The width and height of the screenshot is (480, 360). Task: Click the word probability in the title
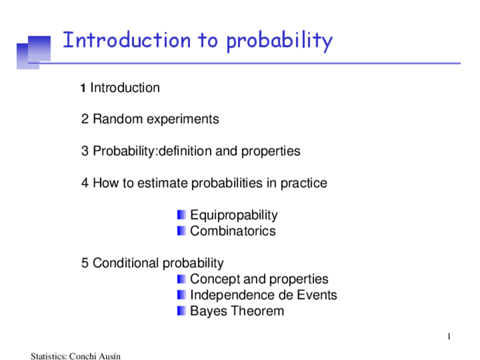click(x=279, y=41)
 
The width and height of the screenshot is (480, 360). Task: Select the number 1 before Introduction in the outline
click(x=83, y=88)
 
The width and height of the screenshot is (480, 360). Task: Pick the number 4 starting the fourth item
click(x=85, y=183)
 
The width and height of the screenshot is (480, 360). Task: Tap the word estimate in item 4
click(x=164, y=183)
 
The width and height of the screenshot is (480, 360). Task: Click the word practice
click(x=303, y=183)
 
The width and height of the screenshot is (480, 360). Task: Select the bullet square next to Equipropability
click(x=181, y=215)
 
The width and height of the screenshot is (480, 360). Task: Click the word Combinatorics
click(x=233, y=231)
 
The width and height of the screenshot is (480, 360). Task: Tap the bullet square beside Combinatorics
click(x=181, y=231)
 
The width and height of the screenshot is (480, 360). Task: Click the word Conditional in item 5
click(x=126, y=263)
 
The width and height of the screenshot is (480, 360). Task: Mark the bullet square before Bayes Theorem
click(x=181, y=311)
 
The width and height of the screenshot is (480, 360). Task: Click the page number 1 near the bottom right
click(x=448, y=337)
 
